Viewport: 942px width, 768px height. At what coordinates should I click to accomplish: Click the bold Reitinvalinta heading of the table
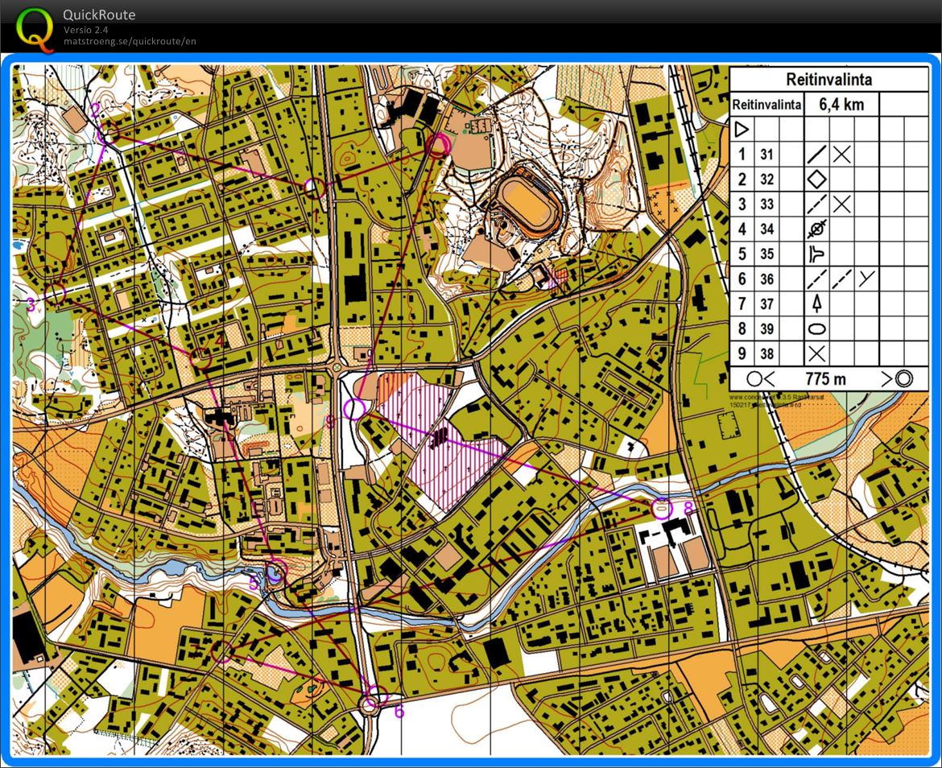click(x=828, y=80)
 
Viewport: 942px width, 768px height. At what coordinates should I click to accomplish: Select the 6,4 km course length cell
click(x=841, y=105)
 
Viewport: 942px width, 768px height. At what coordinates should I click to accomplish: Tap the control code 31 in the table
click(x=766, y=155)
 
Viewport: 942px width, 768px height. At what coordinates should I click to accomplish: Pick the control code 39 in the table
click(x=766, y=328)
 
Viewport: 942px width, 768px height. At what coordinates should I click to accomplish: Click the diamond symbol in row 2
click(x=817, y=180)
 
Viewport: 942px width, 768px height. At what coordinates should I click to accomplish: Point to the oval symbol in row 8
click(x=817, y=328)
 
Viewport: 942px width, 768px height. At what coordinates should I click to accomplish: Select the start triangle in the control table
click(x=742, y=129)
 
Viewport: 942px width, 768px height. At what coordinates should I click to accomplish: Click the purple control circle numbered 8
click(x=662, y=508)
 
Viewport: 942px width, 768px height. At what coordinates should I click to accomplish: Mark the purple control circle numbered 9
click(x=353, y=409)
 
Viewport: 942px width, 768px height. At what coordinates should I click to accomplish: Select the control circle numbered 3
click(x=55, y=293)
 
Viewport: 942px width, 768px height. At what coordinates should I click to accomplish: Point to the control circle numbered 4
click(x=201, y=357)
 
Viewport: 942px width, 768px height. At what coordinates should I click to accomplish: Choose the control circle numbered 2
click(x=109, y=132)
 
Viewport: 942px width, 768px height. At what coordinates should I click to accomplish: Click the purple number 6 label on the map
click(x=399, y=712)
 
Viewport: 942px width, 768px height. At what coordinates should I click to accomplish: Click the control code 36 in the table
click(x=766, y=279)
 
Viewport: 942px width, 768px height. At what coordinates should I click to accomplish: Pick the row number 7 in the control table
click(x=742, y=303)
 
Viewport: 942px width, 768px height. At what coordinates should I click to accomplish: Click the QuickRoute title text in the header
click(x=99, y=14)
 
